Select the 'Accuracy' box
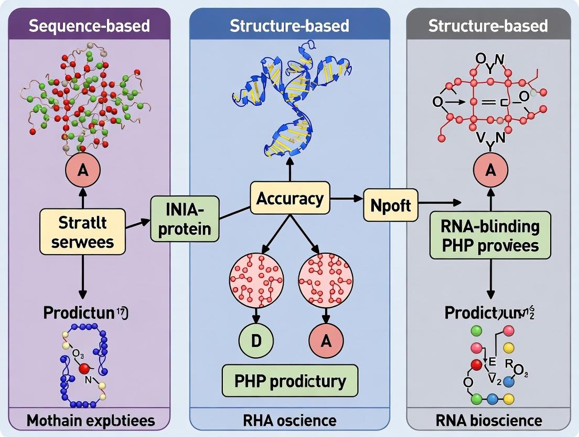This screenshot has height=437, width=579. [290, 199]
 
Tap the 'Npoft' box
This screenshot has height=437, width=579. [391, 205]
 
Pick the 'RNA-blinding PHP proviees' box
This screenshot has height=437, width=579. [490, 235]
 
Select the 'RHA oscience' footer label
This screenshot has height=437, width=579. [290, 420]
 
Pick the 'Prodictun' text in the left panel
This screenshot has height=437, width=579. [79, 313]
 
